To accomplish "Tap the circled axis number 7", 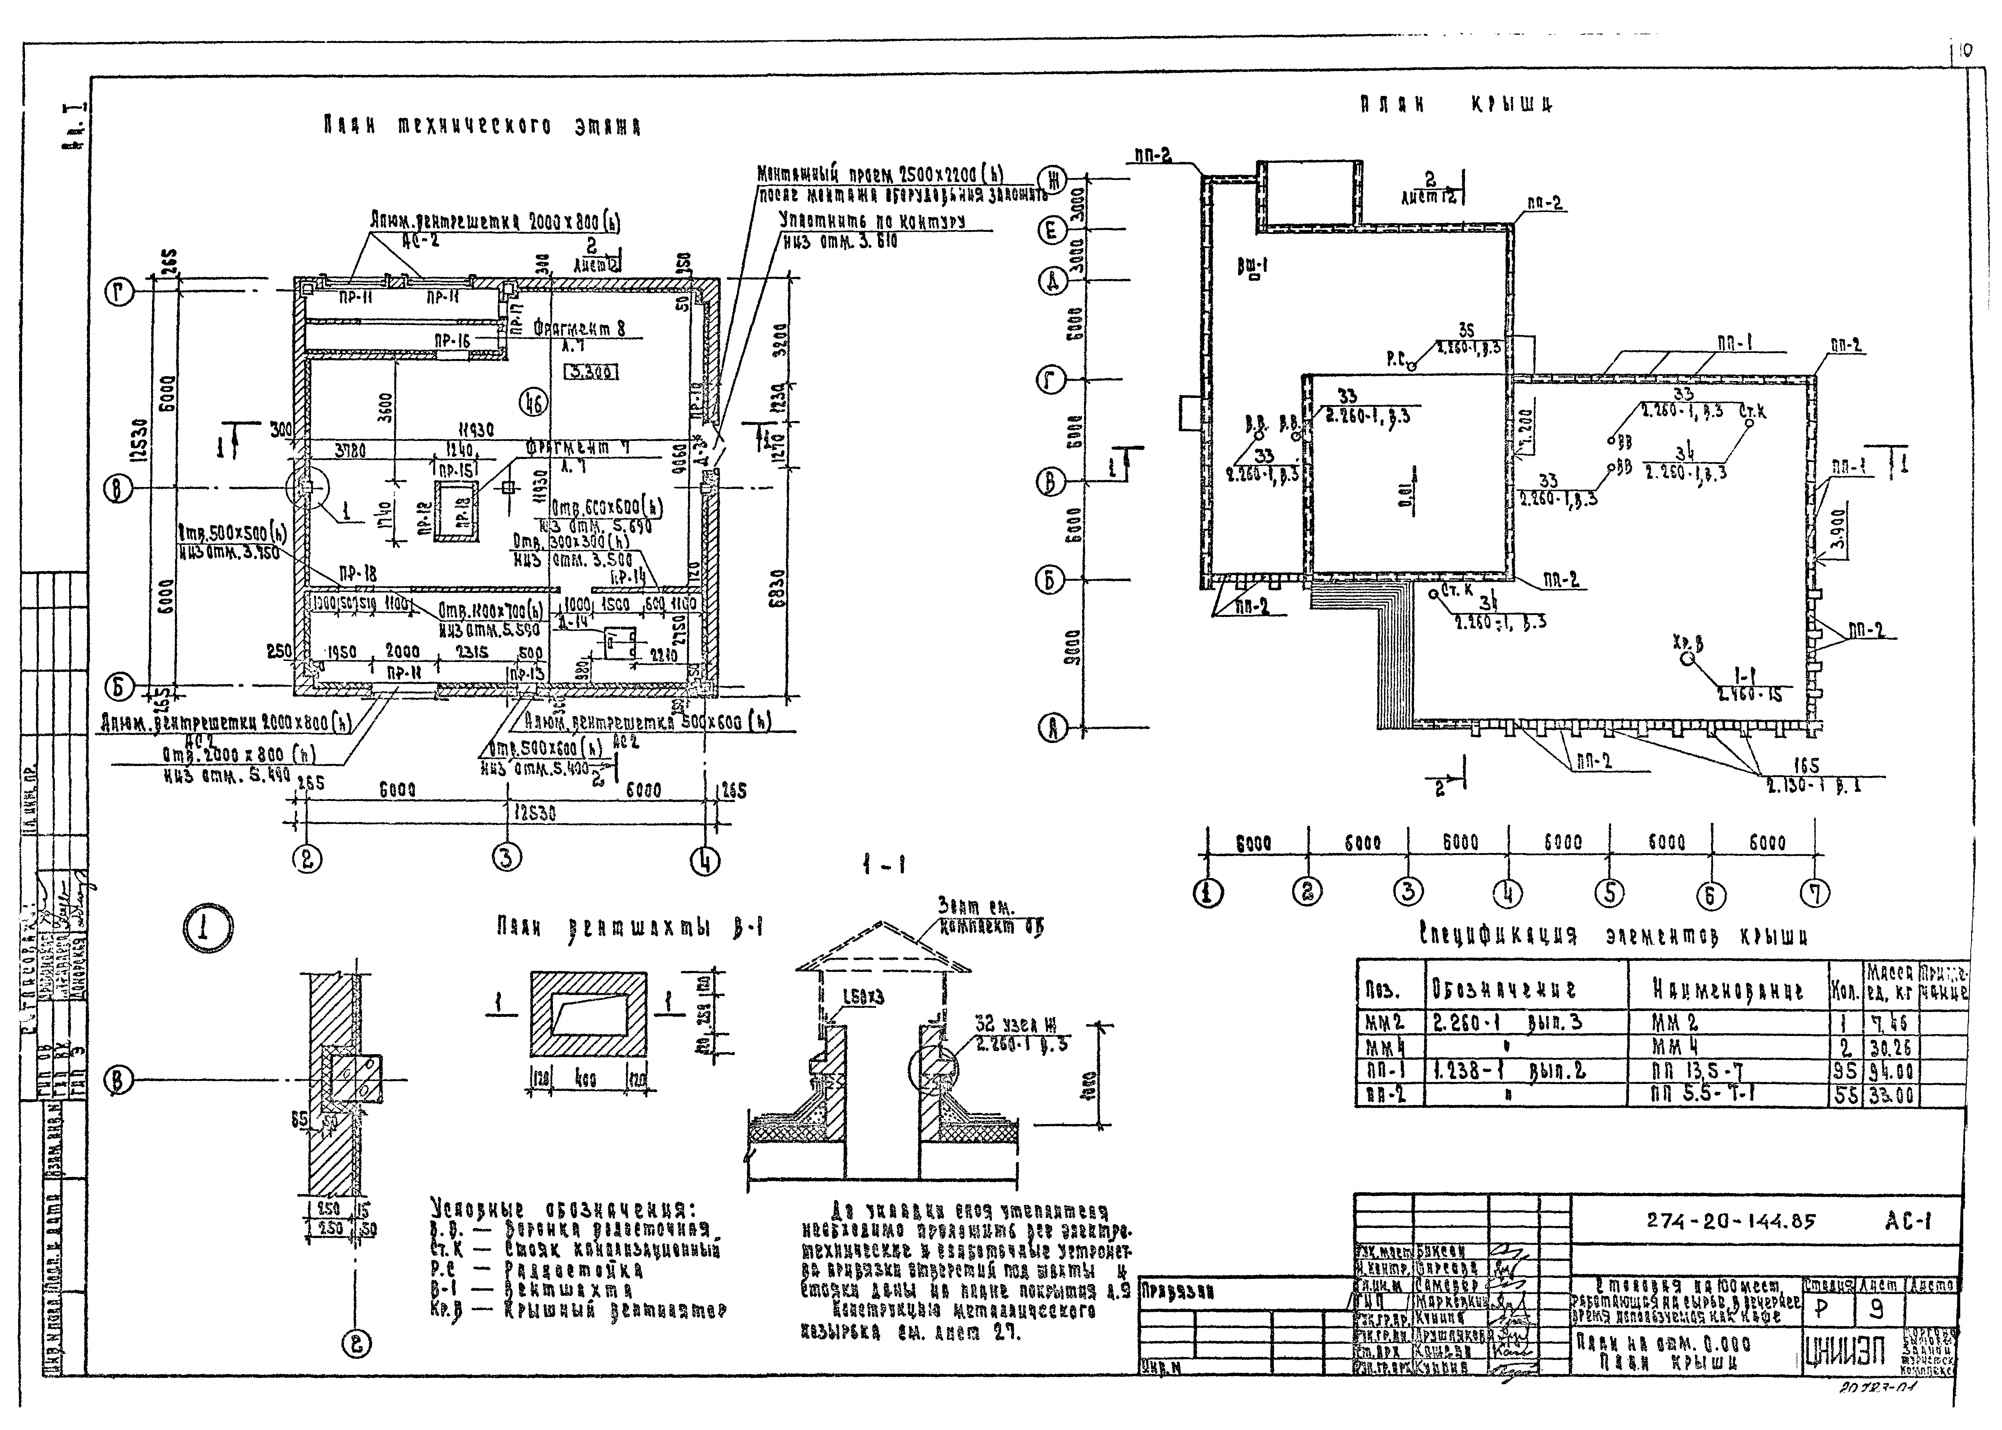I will click(x=1813, y=894).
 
